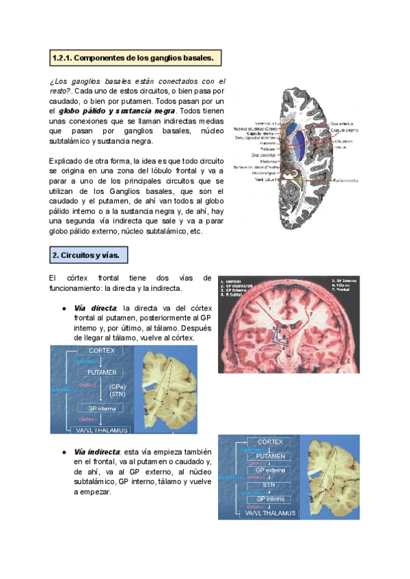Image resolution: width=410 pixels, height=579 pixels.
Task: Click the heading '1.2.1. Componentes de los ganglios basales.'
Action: tap(135, 59)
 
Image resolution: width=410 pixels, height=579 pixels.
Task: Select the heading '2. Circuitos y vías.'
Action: tap(89, 256)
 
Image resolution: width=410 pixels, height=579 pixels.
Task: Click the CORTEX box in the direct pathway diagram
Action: tap(101, 350)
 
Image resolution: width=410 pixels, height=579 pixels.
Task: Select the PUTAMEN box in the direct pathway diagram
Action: tap(101, 372)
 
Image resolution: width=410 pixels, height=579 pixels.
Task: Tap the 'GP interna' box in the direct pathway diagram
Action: tap(101, 408)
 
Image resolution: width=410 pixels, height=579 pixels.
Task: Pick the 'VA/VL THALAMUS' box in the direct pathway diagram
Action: tap(101, 429)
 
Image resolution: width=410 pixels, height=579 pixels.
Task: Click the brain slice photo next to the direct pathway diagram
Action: tap(166, 389)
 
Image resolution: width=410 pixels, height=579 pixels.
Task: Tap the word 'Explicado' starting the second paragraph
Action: tap(66, 160)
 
